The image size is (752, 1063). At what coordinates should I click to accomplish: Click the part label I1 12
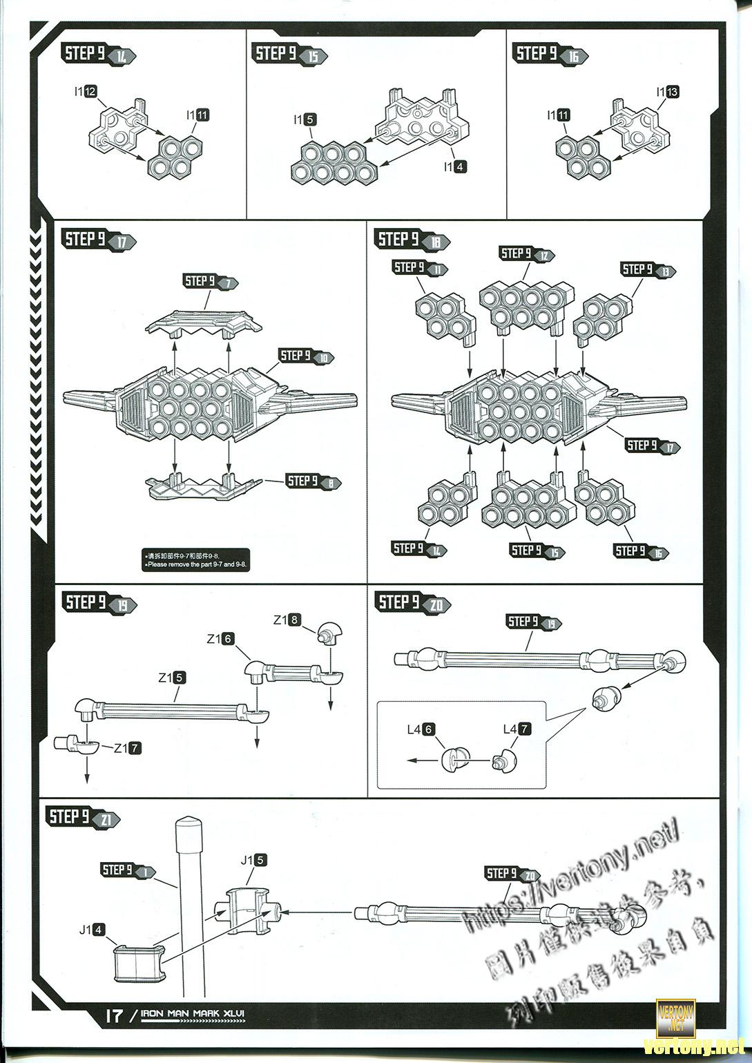click(x=86, y=91)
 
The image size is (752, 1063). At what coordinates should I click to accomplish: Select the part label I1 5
click(x=305, y=119)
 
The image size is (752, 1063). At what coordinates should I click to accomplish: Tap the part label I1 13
click(x=668, y=92)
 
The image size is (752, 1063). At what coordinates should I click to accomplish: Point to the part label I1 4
click(x=456, y=166)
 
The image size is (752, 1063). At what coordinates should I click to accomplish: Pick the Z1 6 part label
click(x=220, y=639)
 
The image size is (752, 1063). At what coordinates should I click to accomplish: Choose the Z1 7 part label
click(x=127, y=747)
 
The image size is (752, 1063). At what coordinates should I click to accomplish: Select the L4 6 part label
click(x=421, y=729)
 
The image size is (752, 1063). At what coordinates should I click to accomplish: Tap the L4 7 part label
click(x=517, y=729)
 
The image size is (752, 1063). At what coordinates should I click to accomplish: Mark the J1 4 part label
click(x=92, y=929)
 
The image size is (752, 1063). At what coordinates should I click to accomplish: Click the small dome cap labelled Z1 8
click(x=328, y=633)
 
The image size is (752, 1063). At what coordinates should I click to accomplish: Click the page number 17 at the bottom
click(x=114, y=1015)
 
